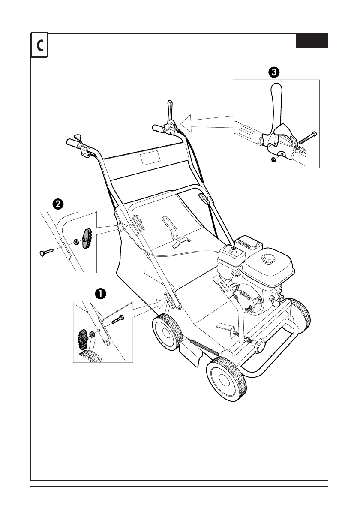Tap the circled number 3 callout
click(x=274, y=72)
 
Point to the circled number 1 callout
click(x=100, y=293)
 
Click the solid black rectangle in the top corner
click(x=312, y=41)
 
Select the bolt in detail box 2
click(x=47, y=252)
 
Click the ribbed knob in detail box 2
click(x=87, y=239)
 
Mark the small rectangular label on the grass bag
click(x=149, y=159)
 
